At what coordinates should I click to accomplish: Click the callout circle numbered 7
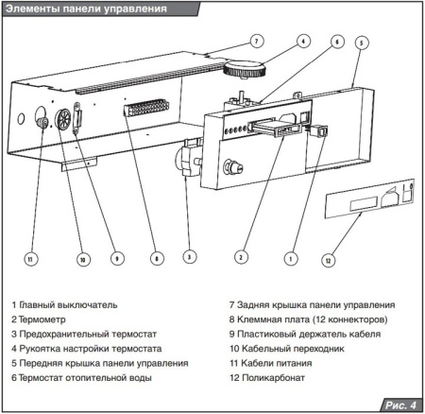[x=257, y=40]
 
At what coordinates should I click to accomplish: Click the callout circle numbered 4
[x=302, y=41]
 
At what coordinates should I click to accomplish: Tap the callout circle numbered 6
[x=336, y=42]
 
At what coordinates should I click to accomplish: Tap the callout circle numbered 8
[x=154, y=257]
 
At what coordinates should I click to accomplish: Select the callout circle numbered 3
[x=190, y=256]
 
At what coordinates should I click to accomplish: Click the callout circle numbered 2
[x=242, y=256]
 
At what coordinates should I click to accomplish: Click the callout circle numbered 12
[x=328, y=259]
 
